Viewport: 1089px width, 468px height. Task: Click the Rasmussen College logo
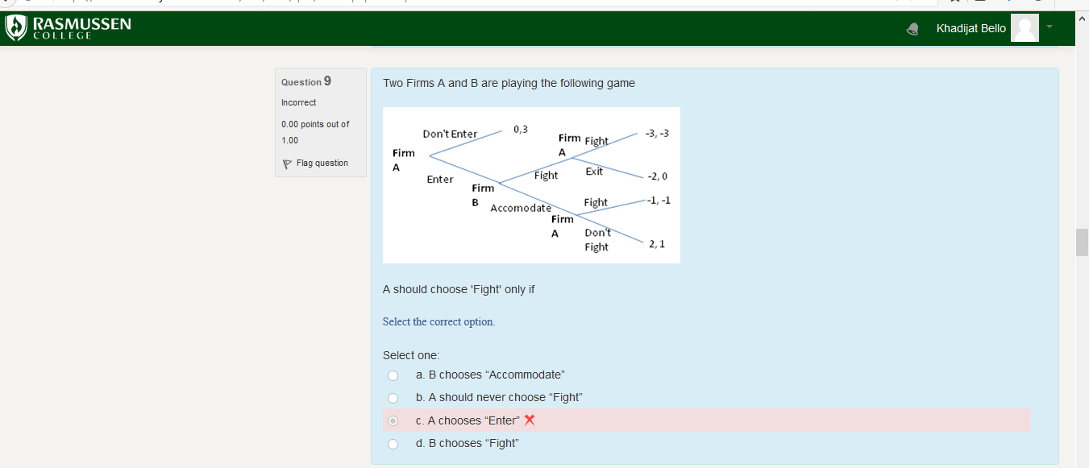point(68,28)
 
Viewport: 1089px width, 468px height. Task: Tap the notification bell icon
point(912,29)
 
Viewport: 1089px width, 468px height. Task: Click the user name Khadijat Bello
point(971,28)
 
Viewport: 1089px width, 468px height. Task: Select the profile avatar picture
point(1025,28)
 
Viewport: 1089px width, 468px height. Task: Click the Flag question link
point(322,163)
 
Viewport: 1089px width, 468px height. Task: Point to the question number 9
point(327,81)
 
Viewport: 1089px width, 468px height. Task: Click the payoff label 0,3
point(520,129)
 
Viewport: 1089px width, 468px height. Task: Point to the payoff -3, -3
point(657,133)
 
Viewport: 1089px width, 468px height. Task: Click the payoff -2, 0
point(657,176)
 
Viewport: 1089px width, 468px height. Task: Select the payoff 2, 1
point(657,243)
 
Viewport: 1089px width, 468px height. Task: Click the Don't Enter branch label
point(450,134)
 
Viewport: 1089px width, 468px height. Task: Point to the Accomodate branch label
point(521,208)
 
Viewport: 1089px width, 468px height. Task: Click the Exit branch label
point(594,172)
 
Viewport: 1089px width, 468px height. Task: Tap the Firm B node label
point(483,195)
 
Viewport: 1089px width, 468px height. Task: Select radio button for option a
point(393,375)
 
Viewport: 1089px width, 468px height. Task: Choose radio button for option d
point(393,444)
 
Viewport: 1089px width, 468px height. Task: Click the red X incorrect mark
point(530,420)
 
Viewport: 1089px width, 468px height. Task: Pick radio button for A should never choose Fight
point(393,398)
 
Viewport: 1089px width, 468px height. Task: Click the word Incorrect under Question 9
point(298,102)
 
